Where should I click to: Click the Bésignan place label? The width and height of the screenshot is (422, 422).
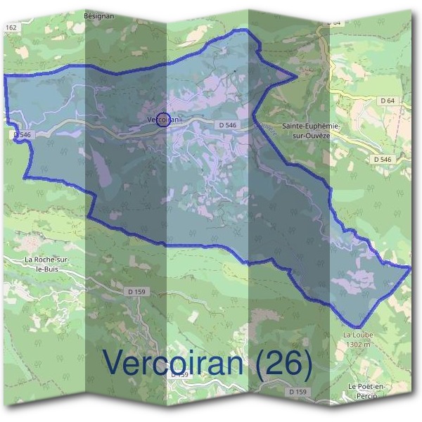pos(99,15)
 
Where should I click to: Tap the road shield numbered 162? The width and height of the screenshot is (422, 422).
pos(11,27)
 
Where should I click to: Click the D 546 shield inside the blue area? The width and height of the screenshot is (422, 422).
pos(226,124)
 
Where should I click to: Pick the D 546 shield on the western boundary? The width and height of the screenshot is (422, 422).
pos(22,134)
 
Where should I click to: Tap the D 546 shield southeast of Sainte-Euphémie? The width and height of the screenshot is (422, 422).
pos(382,160)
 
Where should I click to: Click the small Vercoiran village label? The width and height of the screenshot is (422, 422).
pos(163,120)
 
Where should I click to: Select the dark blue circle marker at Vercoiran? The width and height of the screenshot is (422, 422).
pos(163,120)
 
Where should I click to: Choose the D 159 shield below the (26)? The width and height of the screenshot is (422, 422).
pos(299,391)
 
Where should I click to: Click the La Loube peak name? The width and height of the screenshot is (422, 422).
pos(357,335)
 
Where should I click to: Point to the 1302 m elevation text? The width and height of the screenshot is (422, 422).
pos(357,345)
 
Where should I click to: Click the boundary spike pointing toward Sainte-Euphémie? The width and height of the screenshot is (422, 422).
pos(297,78)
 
